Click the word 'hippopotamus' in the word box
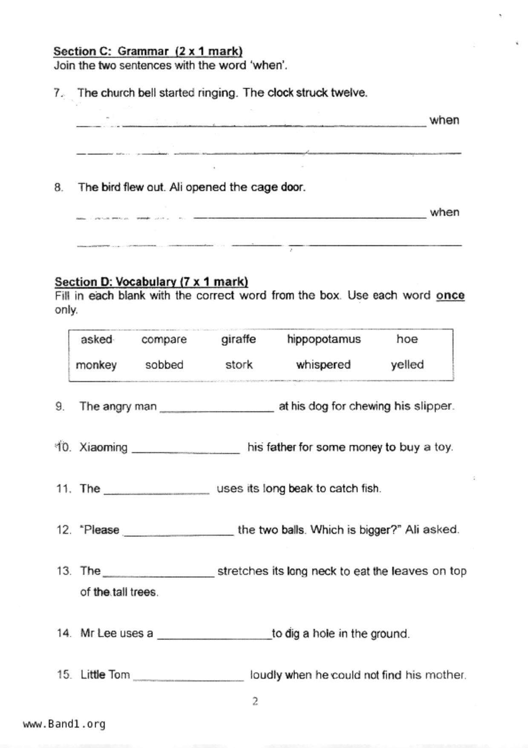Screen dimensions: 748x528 pyautogui.click(x=324, y=339)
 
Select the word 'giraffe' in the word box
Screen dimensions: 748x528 pyautogui.click(x=239, y=339)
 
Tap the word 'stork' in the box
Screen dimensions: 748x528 pyautogui.click(x=239, y=365)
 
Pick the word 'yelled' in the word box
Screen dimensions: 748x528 pyautogui.click(x=407, y=365)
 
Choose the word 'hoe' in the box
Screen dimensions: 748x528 pyautogui.click(x=407, y=339)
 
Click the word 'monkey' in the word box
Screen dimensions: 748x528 pyautogui.click(x=96, y=365)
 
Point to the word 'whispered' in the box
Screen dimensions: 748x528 pyautogui.click(x=323, y=365)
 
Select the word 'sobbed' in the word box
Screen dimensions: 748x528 pyautogui.click(x=164, y=365)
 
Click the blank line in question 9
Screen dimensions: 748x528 pyautogui.click(x=217, y=409)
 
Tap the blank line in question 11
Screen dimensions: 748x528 pyautogui.click(x=157, y=491)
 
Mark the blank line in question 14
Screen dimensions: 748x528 pyautogui.click(x=215, y=636)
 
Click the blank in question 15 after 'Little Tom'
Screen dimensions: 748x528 pyautogui.click(x=188, y=678)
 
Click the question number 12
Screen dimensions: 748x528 pyautogui.click(x=63, y=530)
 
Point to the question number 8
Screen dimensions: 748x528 pyautogui.click(x=59, y=187)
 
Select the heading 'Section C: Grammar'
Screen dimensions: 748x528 pyautogui.click(x=148, y=52)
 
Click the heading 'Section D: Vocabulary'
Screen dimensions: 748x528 pyautogui.click(x=151, y=282)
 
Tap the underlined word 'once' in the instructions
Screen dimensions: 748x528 pyautogui.click(x=450, y=296)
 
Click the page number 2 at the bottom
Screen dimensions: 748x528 pyautogui.click(x=255, y=702)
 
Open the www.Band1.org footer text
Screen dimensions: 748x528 pyautogui.click(x=64, y=724)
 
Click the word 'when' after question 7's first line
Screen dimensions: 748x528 pyautogui.click(x=444, y=120)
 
